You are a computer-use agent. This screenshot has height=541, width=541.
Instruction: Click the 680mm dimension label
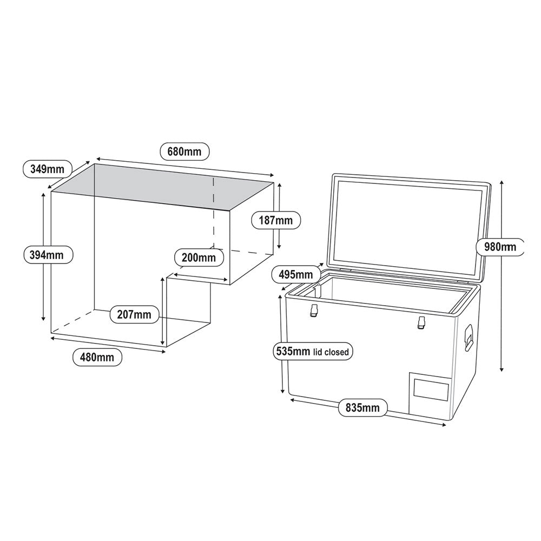point(184,151)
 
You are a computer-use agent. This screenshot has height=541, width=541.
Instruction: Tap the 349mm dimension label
point(47,169)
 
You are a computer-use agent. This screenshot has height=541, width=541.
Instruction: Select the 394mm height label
point(47,254)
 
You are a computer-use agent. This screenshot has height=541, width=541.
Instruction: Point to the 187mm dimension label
point(276,220)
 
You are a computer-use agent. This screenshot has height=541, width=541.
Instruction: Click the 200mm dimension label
point(199,258)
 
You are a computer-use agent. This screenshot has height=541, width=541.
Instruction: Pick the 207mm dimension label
point(135,314)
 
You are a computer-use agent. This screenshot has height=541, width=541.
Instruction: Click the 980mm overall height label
point(500,247)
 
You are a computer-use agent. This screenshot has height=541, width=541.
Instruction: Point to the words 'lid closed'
point(332,352)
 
